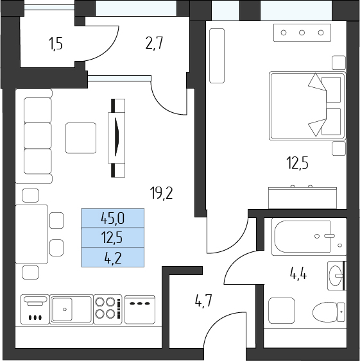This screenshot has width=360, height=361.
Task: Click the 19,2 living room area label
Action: coord(161,193)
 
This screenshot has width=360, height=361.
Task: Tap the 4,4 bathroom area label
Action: coord(298,274)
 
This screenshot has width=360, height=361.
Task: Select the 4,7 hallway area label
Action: coord(203,301)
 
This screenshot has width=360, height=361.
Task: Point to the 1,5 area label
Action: coord(56,44)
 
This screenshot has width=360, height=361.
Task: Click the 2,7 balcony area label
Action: coord(154,44)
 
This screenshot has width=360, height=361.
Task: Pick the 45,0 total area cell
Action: coord(113,218)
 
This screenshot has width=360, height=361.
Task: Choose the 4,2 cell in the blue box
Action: coord(113,257)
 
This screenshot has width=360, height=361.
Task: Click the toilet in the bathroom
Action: coord(329,312)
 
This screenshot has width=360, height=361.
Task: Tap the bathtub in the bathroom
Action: coord(309,237)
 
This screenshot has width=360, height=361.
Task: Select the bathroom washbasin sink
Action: coord(336,275)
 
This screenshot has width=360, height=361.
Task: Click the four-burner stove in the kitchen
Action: coord(107,309)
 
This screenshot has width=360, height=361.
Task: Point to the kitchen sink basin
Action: coord(62,309)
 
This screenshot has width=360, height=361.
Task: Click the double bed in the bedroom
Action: coord(307,106)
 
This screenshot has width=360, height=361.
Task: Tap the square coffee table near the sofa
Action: coord(81,138)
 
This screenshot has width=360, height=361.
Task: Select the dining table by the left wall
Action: coord(31,234)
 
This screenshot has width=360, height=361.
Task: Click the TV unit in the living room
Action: coord(117,138)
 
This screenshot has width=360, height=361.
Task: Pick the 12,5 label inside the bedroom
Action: coord(297,162)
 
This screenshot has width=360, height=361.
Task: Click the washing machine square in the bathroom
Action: coord(282,310)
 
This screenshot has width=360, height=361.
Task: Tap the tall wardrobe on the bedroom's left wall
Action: coord(217,56)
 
